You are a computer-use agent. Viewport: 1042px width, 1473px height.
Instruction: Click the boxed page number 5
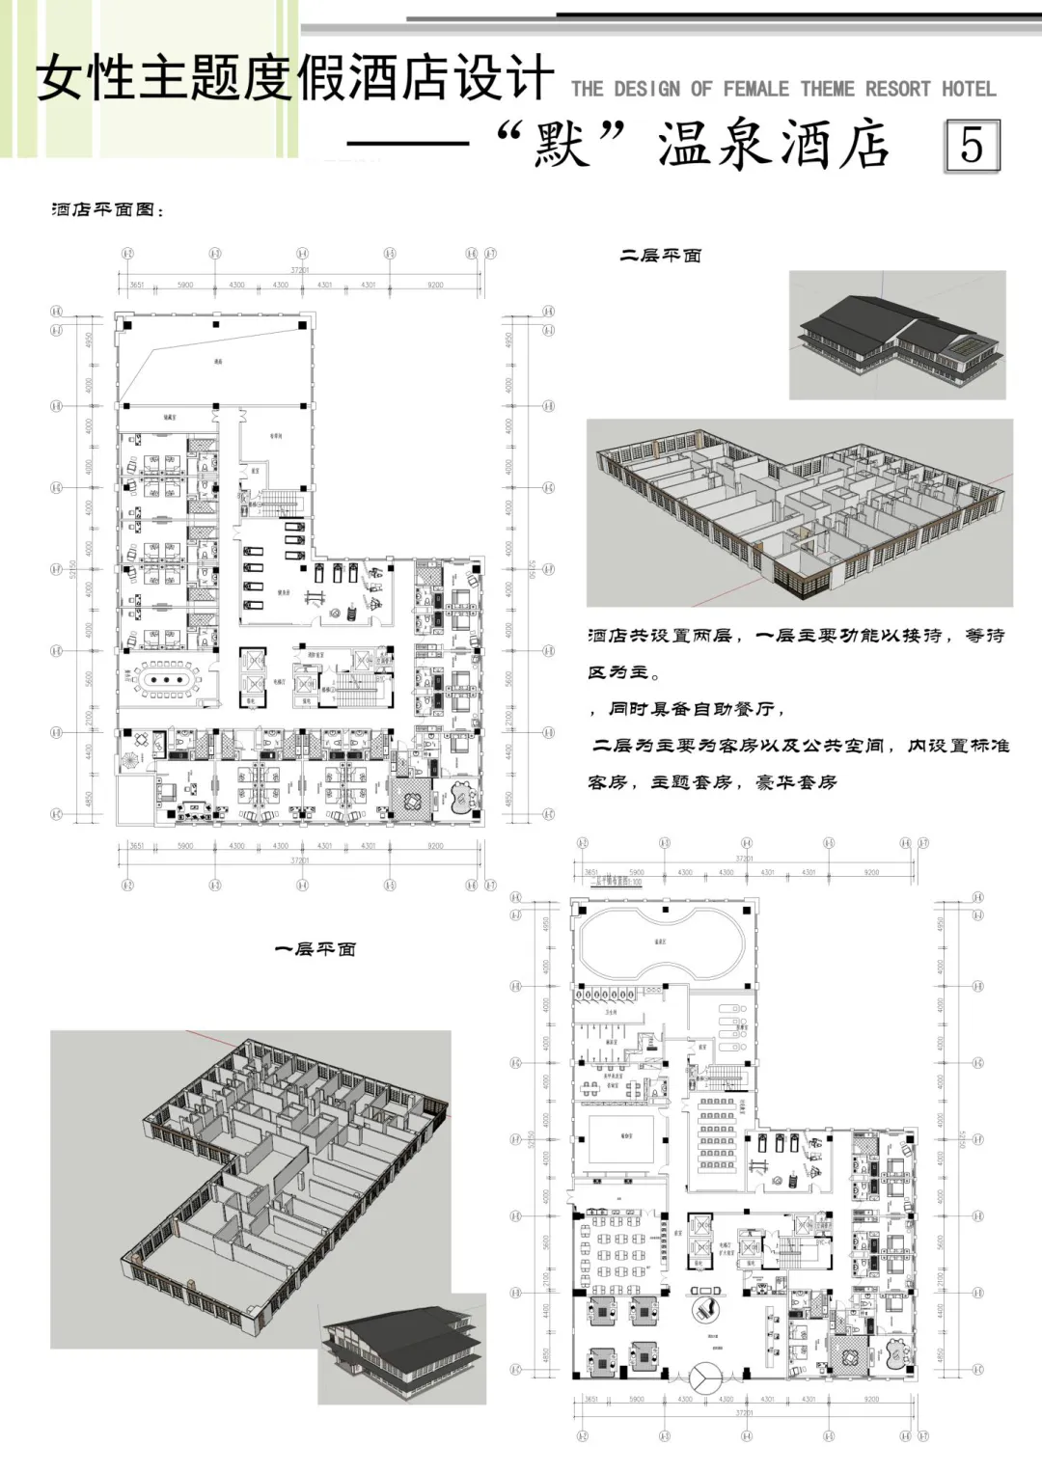click(971, 146)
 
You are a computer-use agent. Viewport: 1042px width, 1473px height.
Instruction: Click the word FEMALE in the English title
click(755, 90)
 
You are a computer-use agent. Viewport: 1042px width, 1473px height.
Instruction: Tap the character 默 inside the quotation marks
click(562, 147)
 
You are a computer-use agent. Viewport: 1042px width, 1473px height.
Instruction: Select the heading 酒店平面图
click(107, 209)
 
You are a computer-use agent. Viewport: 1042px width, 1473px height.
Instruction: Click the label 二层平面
click(660, 256)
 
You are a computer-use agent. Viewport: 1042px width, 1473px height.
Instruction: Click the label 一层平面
click(315, 949)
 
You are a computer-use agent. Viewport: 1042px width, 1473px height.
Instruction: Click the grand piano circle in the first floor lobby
click(706, 1308)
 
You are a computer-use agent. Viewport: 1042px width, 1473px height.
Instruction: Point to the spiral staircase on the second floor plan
click(128, 761)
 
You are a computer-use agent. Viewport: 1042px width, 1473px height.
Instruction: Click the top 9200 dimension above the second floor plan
click(435, 286)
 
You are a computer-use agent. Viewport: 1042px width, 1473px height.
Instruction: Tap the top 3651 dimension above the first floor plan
click(591, 872)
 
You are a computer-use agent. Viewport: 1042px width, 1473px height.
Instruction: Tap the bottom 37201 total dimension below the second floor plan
click(300, 859)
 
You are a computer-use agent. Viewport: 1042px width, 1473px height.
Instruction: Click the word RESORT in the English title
click(897, 90)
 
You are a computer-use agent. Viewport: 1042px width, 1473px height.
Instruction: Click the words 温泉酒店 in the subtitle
click(773, 147)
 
